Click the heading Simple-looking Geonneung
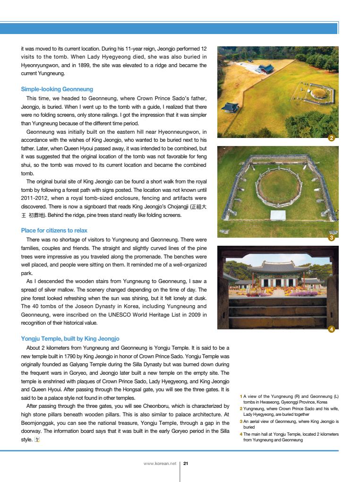click(x=57, y=89)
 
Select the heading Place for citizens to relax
click(x=54, y=231)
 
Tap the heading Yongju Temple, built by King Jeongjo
click(x=70, y=339)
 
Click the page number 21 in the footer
click(x=186, y=464)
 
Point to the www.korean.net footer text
click(x=160, y=464)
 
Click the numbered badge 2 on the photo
click(x=332, y=138)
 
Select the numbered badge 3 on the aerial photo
click(x=332, y=238)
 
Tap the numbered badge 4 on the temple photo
click(x=332, y=329)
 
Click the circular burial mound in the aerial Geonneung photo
click(x=278, y=187)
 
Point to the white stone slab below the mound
click(x=278, y=215)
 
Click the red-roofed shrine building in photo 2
click(x=265, y=69)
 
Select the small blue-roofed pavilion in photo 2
click(x=230, y=107)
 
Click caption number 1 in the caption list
click(x=241, y=396)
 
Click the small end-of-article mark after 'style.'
click(x=37, y=439)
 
